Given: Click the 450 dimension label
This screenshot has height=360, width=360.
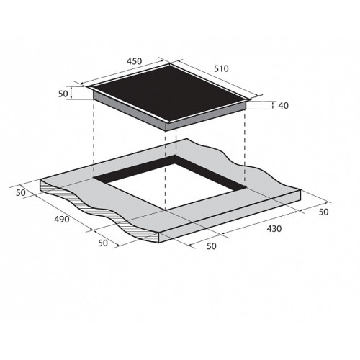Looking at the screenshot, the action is [x=135, y=61].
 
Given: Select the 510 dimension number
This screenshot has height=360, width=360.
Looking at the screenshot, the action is [x=221, y=69].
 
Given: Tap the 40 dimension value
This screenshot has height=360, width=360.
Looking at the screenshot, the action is [x=284, y=106].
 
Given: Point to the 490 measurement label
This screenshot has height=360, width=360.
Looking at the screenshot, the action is [x=62, y=219].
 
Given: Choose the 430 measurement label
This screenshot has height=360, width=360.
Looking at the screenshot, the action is [x=274, y=229].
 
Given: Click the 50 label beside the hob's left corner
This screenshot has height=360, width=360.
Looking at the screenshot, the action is [x=63, y=94].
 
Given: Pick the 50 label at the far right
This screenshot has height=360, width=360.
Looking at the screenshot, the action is [x=323, y=212].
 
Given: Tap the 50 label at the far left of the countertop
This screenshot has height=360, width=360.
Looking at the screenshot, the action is [x=21, y=193].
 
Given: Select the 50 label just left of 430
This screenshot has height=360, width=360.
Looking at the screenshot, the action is [x=212, y=246].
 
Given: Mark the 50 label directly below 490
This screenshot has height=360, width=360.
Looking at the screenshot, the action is [x=103, y=243].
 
